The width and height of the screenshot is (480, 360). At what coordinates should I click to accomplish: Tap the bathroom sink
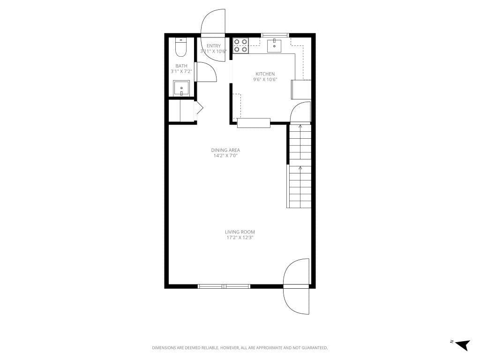point(181,88)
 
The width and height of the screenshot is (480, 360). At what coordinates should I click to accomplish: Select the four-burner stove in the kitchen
point(241,45)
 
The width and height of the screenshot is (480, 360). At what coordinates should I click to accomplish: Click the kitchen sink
point(274,46)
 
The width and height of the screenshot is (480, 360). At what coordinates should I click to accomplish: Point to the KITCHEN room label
point(265,74)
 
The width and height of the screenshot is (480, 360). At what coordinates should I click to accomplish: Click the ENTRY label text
point(213,46)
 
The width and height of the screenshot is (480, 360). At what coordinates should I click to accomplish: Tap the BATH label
point(181,66)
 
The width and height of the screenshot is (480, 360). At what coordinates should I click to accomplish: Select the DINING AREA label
point(225,150)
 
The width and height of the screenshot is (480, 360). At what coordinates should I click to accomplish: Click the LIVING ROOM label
point(240,232)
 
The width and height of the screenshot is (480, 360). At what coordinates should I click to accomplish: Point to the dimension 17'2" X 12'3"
point(240,238)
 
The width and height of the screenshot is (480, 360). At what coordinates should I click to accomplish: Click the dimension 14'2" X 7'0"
point(225,156)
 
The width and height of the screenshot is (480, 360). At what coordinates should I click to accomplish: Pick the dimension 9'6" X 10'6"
point(265,80)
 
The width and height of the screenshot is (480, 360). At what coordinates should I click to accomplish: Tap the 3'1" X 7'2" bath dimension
point(181,72)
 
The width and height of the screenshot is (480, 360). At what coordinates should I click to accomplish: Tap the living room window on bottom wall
point(224,286)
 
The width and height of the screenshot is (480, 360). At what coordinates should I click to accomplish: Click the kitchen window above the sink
point(274,35)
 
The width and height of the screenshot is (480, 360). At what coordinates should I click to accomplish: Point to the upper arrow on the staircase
point(300,126)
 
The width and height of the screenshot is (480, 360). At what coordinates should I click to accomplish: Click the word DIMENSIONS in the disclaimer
point(163,348)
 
